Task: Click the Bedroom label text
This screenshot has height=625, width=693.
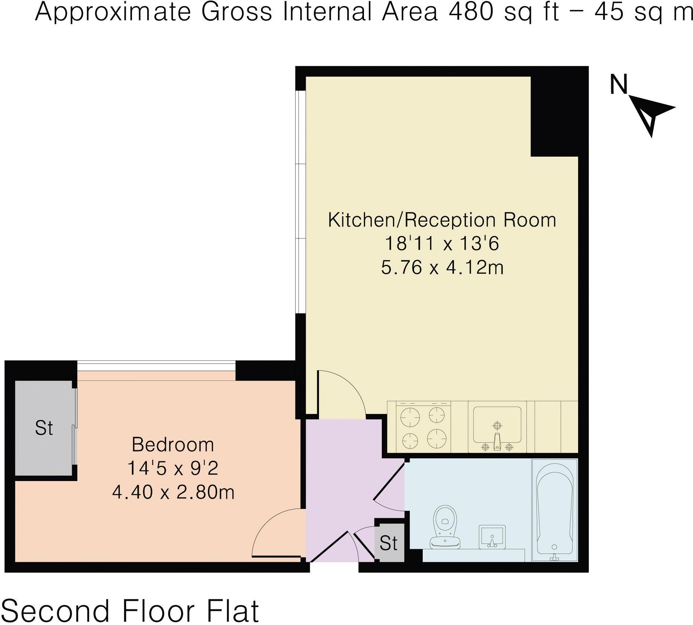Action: point(173,445)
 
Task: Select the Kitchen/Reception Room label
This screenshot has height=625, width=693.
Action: point(442,220)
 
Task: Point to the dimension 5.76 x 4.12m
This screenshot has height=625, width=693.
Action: point(442,267)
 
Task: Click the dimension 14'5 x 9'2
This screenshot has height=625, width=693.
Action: point(173,468)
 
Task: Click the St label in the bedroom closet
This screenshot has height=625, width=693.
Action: point(44,428)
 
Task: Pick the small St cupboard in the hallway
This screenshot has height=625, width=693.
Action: point(389,543)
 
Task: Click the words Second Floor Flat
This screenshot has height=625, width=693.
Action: point(130,610)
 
